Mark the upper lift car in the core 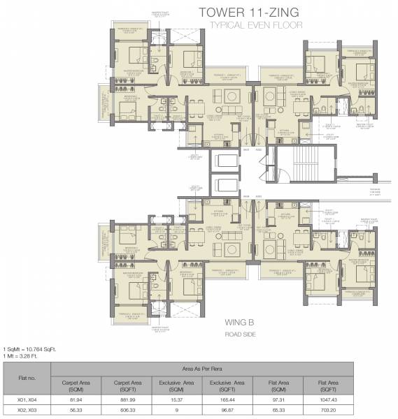click(x=225, y=161)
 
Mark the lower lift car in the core click(x=225, y=187)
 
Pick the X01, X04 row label click(x=27, y=399)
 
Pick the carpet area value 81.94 click(x=77, y=399)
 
